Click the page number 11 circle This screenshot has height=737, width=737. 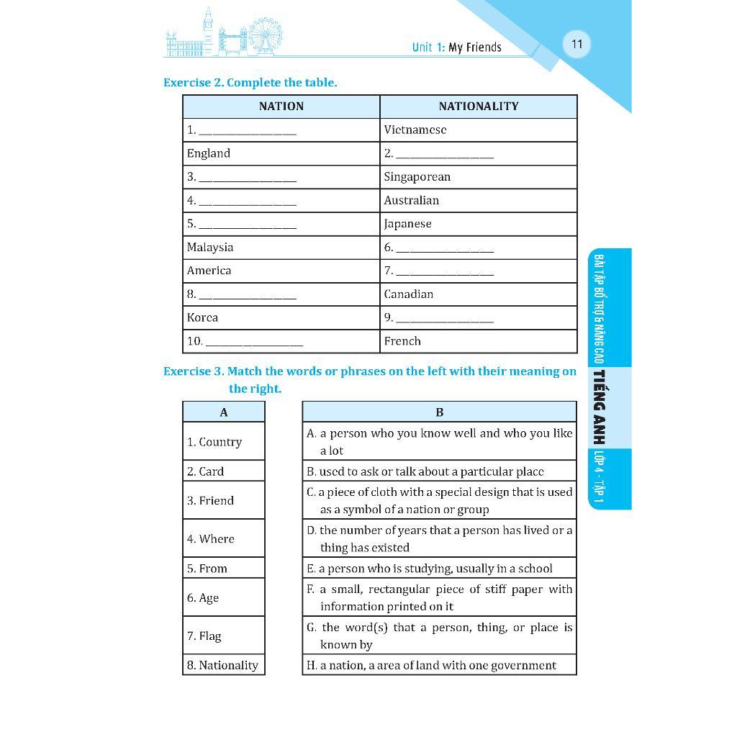577,45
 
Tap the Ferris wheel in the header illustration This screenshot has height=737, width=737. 266,34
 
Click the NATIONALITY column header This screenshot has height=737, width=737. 478,107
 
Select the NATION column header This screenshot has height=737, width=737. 281,107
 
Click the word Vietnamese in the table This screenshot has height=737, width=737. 415,130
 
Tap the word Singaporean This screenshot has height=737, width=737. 417,177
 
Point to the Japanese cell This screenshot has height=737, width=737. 407,224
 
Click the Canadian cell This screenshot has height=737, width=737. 408,294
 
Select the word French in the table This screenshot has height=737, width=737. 402,341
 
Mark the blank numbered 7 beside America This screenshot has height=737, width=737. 444,272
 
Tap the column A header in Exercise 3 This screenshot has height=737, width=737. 224,412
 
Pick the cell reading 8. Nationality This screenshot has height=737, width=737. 222,666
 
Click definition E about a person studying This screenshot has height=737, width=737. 430,569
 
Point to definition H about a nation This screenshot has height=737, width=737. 431,666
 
